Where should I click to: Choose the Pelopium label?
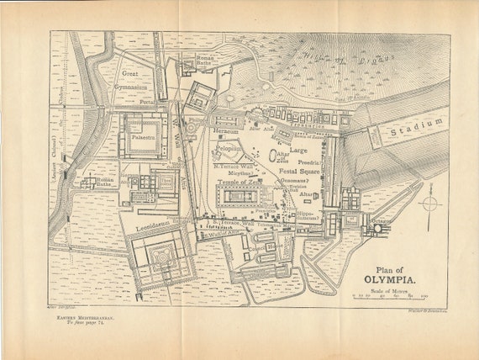pos(228,149)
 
